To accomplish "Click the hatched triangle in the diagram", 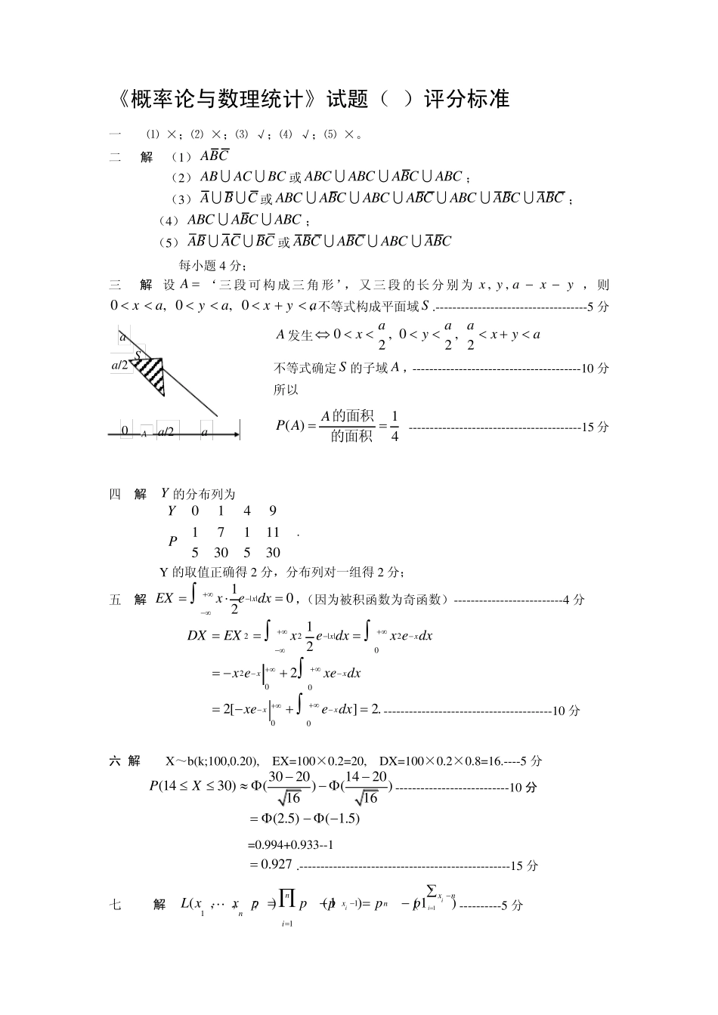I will click(151, 371).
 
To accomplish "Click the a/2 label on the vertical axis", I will click(121, 366).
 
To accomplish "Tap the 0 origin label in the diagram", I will click(125, 431).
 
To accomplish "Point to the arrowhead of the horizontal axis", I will click(237, 434).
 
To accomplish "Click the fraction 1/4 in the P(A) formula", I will click(394, 425).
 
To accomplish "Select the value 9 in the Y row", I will click(272, 511).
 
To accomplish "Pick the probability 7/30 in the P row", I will click(221, 542).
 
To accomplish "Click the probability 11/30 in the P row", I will click(273, 542).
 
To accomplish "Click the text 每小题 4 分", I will click(212, 265).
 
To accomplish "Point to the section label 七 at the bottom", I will click(116, 905).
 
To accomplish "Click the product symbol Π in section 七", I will click(286, 898).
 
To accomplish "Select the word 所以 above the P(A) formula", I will click(286, 390).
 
